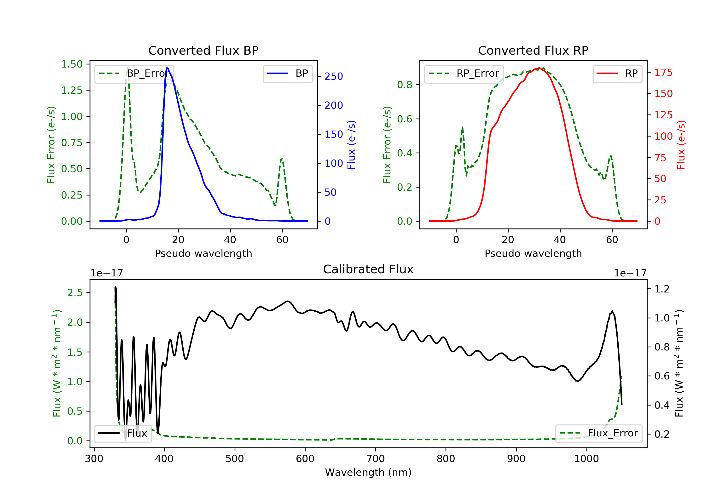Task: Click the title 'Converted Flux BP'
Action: [203, 50]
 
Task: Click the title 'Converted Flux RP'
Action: [533, 50]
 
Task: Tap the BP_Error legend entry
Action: [132, 74]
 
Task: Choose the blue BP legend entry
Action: [287, 74]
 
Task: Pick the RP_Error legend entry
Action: [464, 74]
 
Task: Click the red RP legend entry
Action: [617, 74]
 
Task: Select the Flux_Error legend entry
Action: [598, 433]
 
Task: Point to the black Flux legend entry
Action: [123, 433]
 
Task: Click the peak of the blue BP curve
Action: [167, 68]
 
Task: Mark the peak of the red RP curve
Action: [539, 68]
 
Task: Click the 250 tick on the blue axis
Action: [334, 76]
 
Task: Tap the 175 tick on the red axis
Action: [663, 73]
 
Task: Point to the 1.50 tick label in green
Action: [72, 64]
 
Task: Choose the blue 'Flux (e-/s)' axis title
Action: [351, 145]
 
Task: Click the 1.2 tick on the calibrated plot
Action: [662, 289]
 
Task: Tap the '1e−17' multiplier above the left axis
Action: [106, 273]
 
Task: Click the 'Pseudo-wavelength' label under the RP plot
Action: [533, 253]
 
